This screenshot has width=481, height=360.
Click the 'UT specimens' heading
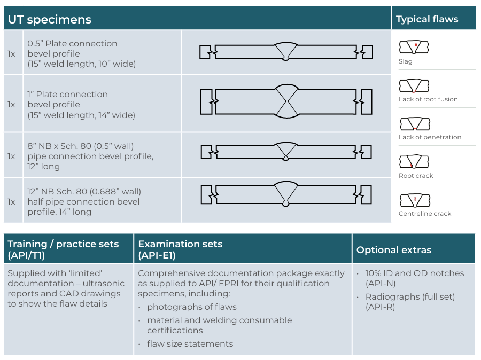(x=49, y=19)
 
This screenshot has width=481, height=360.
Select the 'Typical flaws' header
(x=427, y=19)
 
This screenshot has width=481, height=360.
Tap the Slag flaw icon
(x=414, y=47)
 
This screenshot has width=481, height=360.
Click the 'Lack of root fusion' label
(x=428, y=99)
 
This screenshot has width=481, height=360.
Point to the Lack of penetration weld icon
(x=415, y=123)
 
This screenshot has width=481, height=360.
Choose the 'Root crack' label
(x=416, y=176)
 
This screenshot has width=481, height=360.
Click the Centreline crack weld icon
(x=415, y=200)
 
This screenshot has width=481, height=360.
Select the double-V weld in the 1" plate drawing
(x=287, y=101)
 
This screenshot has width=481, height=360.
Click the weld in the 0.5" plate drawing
(x=286, y=51)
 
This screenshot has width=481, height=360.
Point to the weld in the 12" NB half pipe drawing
(x=286, y=194)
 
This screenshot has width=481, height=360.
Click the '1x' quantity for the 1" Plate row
(x=11, y=105)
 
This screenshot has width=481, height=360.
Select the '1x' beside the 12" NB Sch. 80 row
(x=11, y=202)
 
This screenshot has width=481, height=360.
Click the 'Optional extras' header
(x=394, y=250)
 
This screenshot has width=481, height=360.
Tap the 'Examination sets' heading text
(x=180, y=244)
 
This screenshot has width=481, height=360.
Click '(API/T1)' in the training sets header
(x=26, y=255)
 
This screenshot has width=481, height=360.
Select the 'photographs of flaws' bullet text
(x=192, y=307)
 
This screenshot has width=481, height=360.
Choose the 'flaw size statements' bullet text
(x=190, y=344)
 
